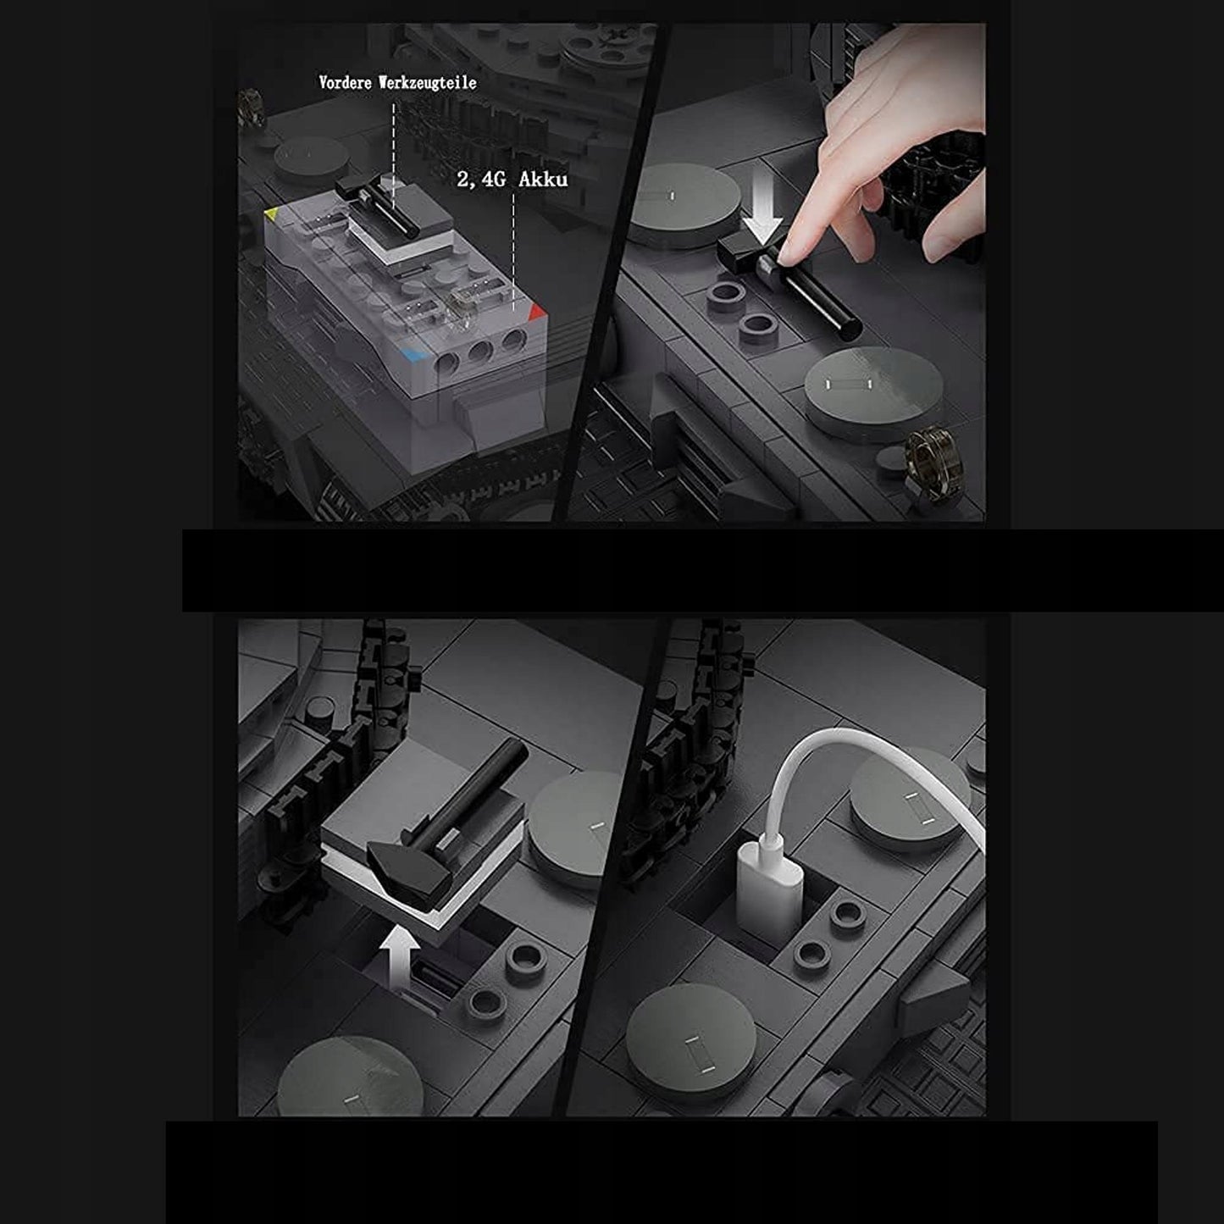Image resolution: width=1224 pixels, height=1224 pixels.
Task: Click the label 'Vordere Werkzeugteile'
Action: (397, 82)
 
